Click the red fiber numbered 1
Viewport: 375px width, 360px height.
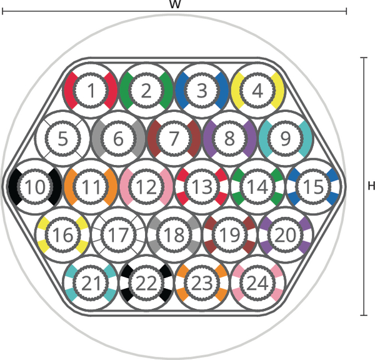tap(91, 91)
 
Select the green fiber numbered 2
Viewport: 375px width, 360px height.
tap(146, 91)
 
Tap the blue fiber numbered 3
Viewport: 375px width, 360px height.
tap(202, 91)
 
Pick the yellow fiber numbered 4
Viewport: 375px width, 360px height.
tap(257, 91)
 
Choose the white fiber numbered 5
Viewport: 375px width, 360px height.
tap(62, 138)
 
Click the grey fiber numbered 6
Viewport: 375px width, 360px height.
tap(118, 138)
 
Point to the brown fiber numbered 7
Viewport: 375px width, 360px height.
tap(174, 138)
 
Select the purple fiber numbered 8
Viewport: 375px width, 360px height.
tap(229, 138)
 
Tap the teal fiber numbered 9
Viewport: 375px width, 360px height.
tap(286, 138)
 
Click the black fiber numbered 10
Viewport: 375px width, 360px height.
tap(35, 186)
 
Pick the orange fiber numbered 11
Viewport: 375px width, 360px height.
tap(91, 186)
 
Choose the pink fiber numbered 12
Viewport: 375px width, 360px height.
tap(146, 186)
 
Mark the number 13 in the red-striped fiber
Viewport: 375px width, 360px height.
tap(202, 187)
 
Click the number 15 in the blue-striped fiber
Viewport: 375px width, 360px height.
tap(313, 187)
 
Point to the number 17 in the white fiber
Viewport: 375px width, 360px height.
tap(118, 234)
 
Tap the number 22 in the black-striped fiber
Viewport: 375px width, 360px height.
tap(146, 283)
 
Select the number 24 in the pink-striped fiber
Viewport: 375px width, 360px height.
tap(257, 283)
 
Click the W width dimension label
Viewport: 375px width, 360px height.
tap(174, 4)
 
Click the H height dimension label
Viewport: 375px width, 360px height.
tap(371, 186)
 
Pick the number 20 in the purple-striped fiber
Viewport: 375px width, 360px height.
tap(286, 234)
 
